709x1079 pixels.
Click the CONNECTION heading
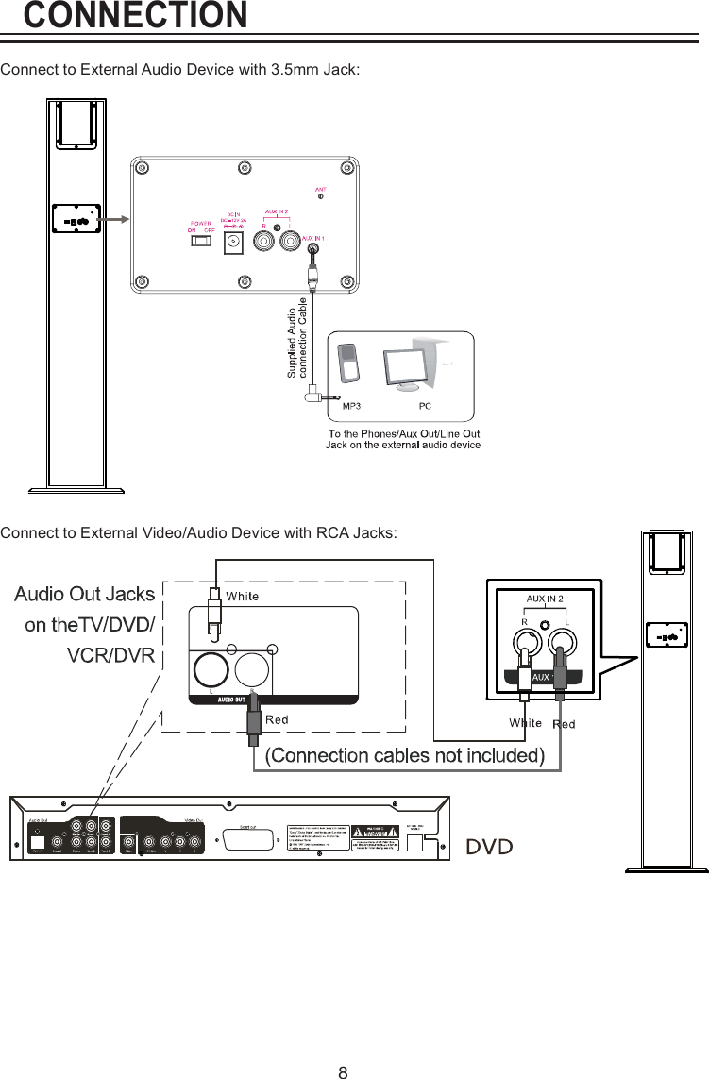(135, 15)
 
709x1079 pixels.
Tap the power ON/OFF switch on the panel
(200, 241)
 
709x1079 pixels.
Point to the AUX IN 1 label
(312, 237)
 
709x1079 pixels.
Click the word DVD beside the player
(490, 847)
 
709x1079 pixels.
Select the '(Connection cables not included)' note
(404, 755)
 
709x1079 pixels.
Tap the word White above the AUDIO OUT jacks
(243, 596)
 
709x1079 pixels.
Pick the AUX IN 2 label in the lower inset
(545, 599)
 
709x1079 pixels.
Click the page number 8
(344, 1046)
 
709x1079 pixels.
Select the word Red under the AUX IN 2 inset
(564, 724)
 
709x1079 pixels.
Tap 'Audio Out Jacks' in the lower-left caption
(84, 594)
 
